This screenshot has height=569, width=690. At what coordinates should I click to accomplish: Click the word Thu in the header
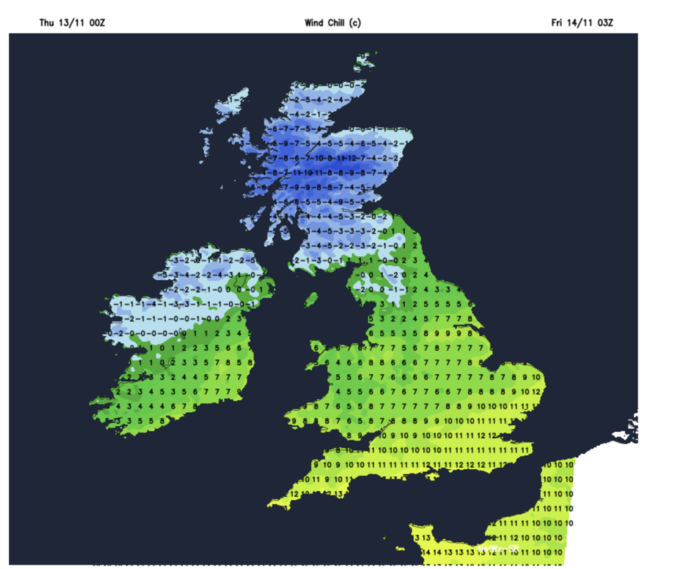click(x=46, y=23)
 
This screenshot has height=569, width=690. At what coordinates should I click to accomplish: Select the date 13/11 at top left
click(x=70, y=23)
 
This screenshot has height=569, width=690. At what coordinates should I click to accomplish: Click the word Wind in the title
click(x=314, y=23)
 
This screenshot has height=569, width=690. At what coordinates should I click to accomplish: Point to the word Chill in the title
click(x=337, y=23)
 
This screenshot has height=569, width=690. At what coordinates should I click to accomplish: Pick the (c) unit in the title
click(x=356, y=23)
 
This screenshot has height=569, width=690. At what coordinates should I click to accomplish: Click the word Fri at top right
click(x=558, y=23)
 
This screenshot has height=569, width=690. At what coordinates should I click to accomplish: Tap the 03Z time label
click(x=606, y=23)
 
